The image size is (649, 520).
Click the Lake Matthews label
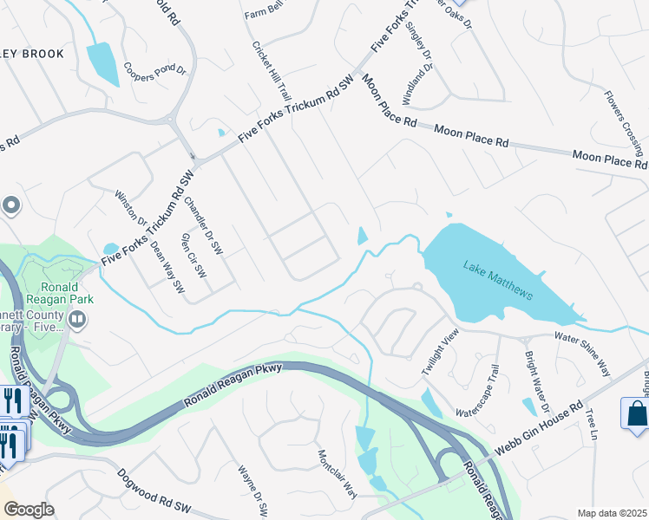497,279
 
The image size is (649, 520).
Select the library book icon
77,322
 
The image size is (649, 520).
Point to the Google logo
28,510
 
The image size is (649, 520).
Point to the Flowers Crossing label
624,121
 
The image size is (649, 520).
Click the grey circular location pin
11,206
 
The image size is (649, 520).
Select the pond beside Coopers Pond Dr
102,63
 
